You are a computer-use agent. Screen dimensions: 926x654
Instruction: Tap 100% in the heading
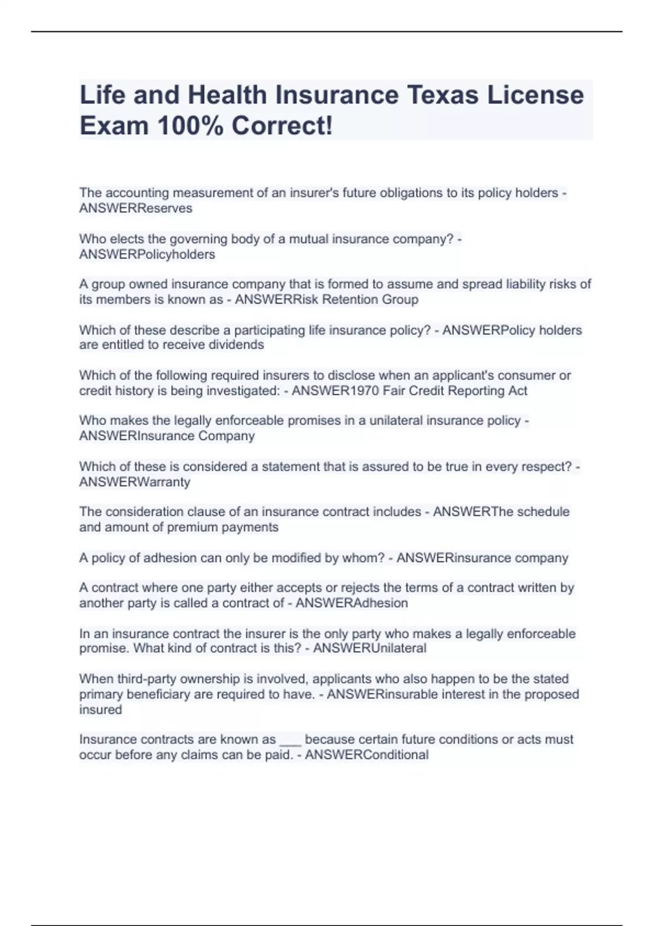click(x=188, y=126)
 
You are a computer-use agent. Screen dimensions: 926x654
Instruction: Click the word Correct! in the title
click(x=282, y=126)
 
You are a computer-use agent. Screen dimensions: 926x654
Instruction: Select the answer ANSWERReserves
click(x=136, y=209)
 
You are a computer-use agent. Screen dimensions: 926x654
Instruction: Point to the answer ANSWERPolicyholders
click(x=147, y=254)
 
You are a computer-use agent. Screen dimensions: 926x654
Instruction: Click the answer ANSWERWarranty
click(x=135, y=482)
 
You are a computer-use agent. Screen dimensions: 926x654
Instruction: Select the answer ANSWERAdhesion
click(x=352, y=603)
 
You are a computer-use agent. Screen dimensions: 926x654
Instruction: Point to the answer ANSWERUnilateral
click(x=370, y=648)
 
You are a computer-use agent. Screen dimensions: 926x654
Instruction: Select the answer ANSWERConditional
click(x=367, y=755)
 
